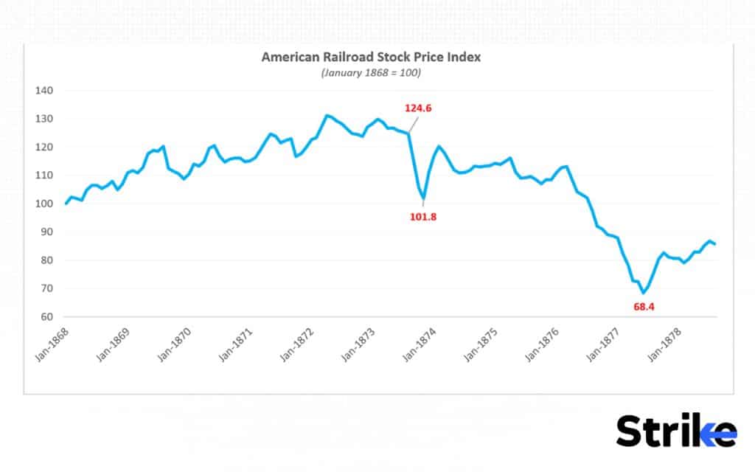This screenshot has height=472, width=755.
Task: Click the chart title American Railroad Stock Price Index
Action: (371, 58)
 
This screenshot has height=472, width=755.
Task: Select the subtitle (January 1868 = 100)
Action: (371, 73)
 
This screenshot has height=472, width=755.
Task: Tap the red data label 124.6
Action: (418, 108)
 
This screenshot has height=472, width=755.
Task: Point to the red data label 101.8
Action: (424, 217)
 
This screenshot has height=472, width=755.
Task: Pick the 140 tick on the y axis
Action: (44, 91)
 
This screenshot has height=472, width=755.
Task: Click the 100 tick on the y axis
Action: (44, 204)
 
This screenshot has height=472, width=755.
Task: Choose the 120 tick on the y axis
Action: (44, 147)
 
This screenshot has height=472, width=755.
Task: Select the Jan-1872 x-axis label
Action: (297, 344)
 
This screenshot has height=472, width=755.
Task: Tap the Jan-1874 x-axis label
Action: (420, 344)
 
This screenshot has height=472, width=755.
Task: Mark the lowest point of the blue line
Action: (643, 293)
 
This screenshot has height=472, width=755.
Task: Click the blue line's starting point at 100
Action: (66, 204)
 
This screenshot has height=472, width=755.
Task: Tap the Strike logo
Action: (675, 430)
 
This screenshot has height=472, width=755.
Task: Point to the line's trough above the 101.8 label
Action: (424, 198)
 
